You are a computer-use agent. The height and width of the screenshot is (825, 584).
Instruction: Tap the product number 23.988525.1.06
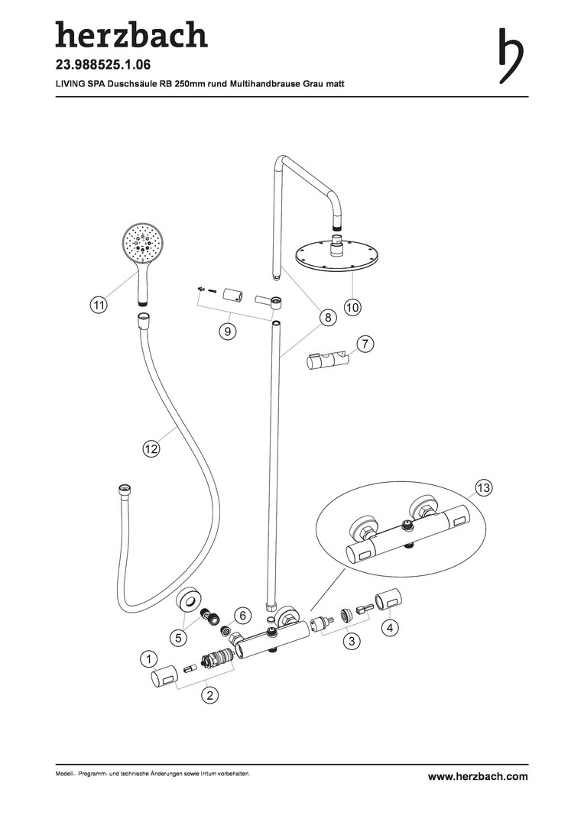point(103,65)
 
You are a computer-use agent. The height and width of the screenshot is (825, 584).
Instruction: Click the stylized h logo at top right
point(511,56)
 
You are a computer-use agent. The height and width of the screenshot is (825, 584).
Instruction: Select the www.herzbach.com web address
point(478,776)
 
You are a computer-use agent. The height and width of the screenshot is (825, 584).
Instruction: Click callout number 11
point(99,305)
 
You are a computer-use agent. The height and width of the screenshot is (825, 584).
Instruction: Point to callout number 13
point(483,487)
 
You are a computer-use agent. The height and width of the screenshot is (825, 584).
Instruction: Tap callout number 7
point(365,344)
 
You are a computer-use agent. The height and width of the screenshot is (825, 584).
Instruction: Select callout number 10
point(352,307)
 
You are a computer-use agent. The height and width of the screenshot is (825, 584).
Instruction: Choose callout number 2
point(209,695)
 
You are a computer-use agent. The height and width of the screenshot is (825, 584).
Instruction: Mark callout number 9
point(228,331)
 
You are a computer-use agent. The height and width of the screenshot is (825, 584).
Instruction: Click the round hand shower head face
point(141,244)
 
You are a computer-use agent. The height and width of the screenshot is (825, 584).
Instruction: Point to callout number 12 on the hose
point(151,449)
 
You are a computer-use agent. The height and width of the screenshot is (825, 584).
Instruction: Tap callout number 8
point(328,317)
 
